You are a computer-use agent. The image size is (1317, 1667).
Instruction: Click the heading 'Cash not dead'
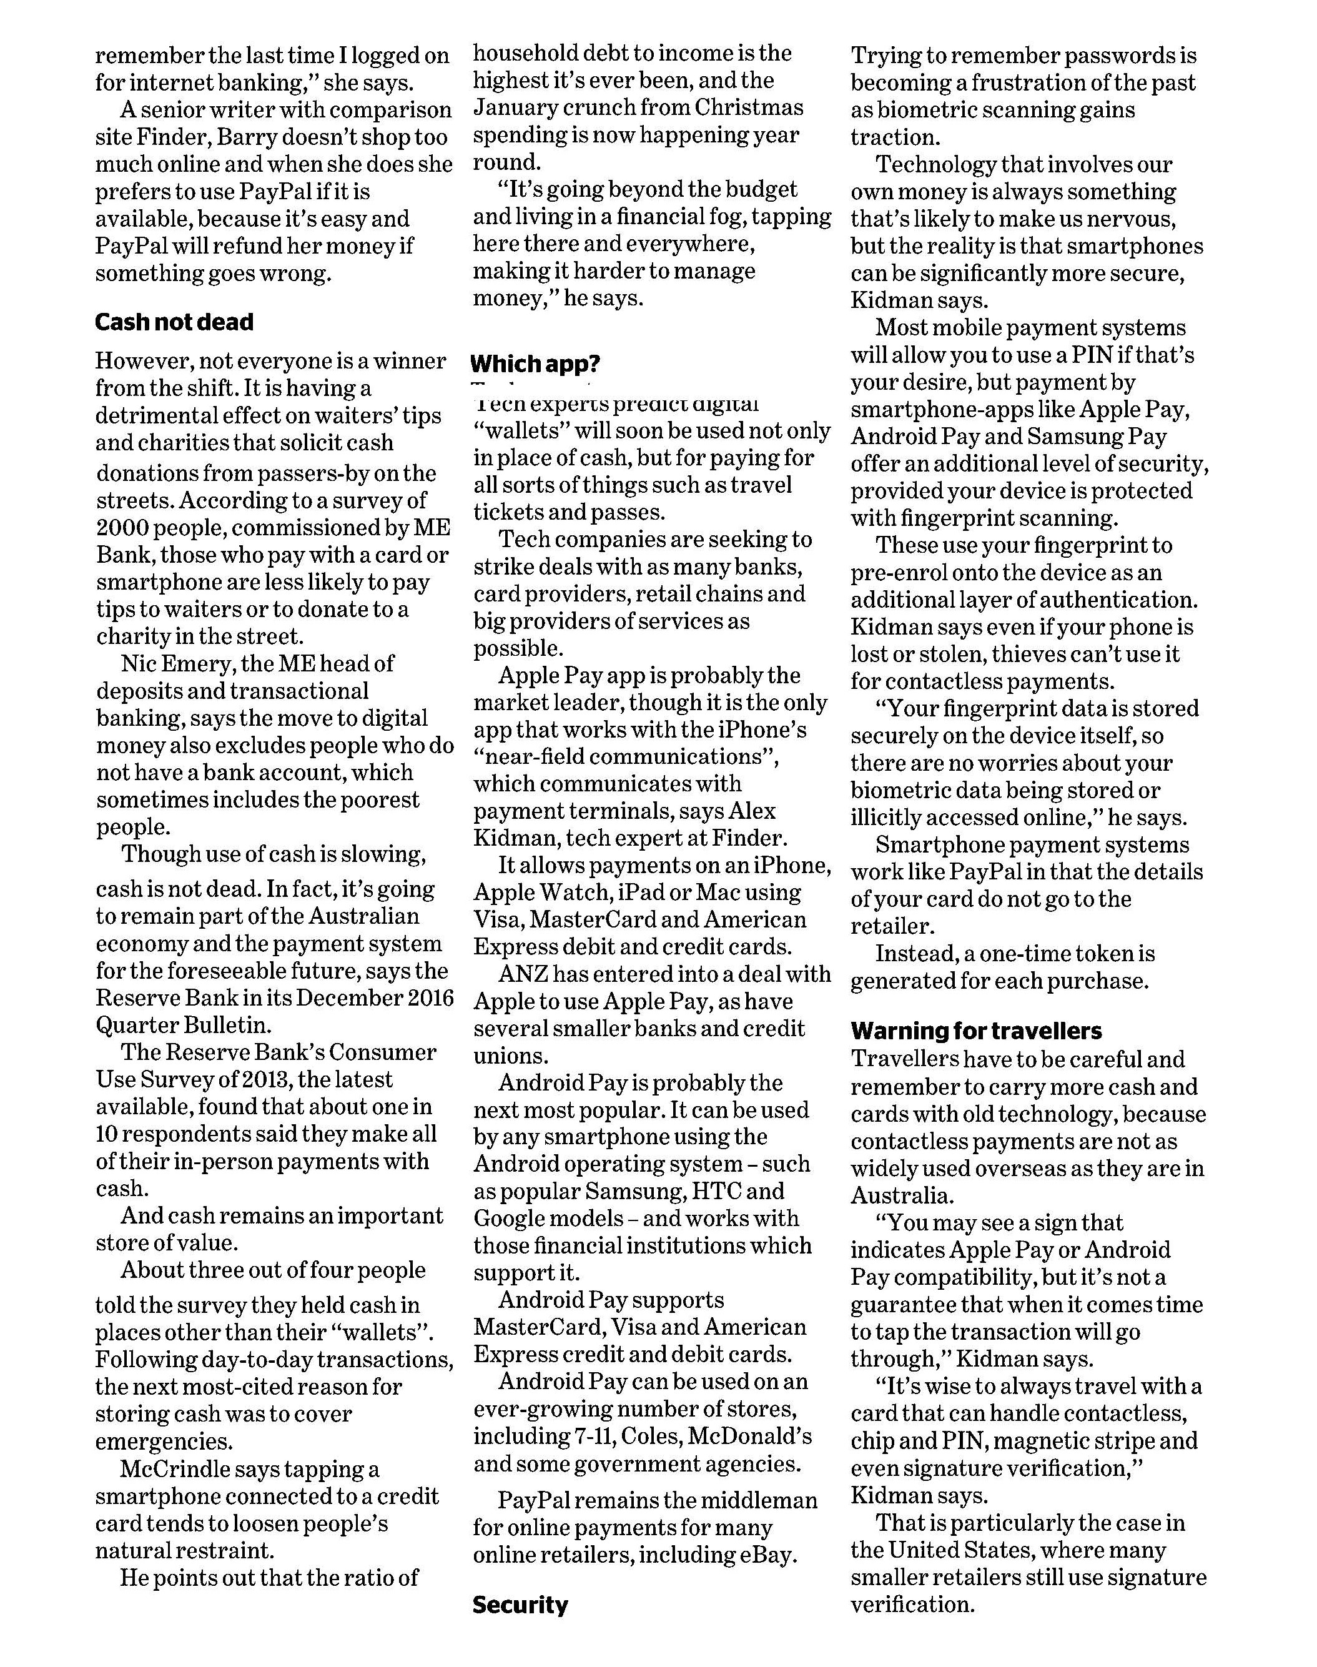click(174, 322)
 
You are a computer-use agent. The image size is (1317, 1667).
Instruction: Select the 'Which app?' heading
click(535, 364)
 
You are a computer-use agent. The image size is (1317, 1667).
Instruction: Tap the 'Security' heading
click(520, 1605)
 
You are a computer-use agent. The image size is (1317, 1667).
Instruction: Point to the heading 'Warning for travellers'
click(976, 1031)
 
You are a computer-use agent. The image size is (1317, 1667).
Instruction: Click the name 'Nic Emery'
click(170, 664)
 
